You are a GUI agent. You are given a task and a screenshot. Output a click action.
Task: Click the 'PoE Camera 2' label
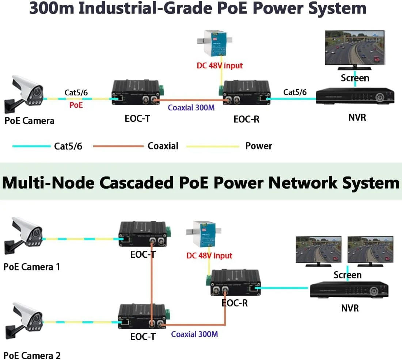[32, 355]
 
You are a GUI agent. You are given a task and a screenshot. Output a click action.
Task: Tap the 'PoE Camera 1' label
[32, 266]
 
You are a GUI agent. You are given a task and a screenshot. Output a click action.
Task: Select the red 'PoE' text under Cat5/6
[76, 106]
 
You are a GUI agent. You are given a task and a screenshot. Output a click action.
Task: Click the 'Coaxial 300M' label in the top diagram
[191, 107]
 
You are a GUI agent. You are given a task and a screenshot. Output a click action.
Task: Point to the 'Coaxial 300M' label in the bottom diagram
[194, 334]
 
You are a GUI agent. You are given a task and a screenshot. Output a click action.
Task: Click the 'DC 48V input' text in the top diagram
[220, 66]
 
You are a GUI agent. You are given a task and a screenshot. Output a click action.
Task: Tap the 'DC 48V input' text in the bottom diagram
[209, 255]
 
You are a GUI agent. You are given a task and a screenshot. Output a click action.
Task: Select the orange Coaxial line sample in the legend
[118, 146]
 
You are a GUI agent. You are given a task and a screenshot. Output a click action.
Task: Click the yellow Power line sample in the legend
[213, 146]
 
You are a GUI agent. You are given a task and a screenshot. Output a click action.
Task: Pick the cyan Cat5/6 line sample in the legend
[31, 146]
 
